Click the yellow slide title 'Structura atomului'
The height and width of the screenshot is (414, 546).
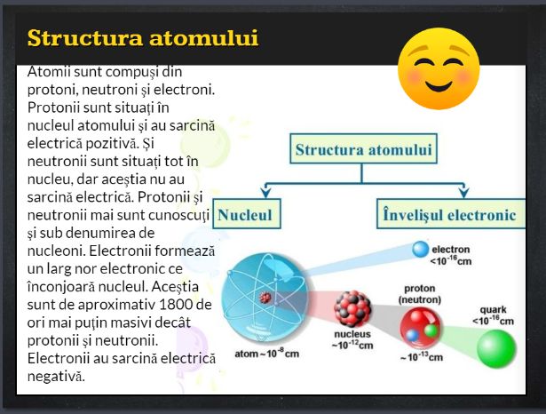143,38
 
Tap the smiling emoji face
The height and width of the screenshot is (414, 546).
439,68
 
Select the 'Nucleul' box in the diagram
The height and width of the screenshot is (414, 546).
247,214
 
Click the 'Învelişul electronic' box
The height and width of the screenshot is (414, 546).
451,214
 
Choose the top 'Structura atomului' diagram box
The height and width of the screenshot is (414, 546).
363,148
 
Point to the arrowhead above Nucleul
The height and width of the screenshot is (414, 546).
266,193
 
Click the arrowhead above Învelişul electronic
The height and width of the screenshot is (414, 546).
463,193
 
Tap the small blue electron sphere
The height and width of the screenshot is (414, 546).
420,249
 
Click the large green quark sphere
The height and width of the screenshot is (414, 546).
496,348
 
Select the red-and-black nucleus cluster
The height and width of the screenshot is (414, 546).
352,309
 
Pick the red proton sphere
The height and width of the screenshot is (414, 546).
420,328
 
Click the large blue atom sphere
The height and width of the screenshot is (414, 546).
265,297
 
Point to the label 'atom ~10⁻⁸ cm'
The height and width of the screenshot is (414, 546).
266,354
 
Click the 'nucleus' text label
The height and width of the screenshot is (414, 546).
352,334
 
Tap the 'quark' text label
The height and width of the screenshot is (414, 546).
493,310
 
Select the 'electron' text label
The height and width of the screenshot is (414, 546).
451,250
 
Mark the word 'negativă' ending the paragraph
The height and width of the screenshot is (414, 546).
56,377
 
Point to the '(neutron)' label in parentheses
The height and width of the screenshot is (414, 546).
420,299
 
